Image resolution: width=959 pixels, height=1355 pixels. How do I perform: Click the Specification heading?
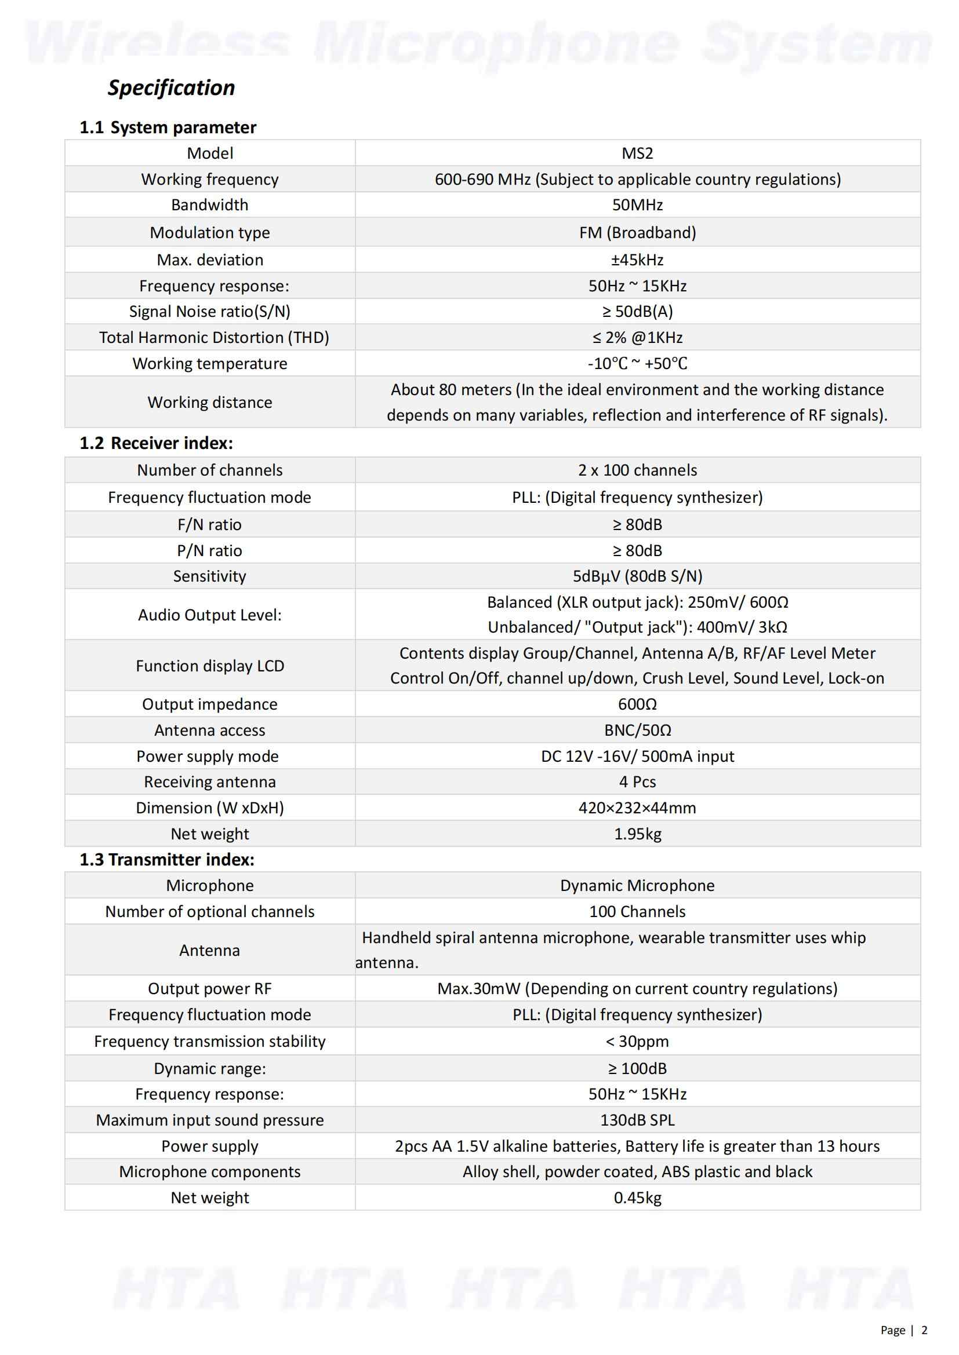click(171, 87)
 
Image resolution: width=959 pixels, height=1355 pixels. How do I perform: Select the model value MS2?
click(637, 154)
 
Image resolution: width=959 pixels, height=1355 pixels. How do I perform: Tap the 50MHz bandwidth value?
click(637, 204)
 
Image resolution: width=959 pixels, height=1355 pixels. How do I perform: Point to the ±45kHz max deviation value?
click(637, 260)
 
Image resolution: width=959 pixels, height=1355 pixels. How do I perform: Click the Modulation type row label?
click(210, 232)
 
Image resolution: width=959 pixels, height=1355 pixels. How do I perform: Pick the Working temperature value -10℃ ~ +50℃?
click(637, 364)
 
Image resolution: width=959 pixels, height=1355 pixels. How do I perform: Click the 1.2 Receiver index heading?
click(157, 443)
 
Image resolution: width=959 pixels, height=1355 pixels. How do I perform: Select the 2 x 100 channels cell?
click(637, 470)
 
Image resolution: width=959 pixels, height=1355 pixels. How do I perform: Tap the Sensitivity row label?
click(210, 576)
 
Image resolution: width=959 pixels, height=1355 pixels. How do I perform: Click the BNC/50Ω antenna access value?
click(637, 730)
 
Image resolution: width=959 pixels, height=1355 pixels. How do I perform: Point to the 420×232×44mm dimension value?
click(637, 808)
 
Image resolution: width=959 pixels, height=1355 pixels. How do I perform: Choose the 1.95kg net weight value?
click(637, 834)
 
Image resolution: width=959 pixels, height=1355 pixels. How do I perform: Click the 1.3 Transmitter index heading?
click(167, 860)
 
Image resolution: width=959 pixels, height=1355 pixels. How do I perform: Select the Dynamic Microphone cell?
click(637, 885)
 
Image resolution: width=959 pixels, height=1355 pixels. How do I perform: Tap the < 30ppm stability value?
click(637, 1042)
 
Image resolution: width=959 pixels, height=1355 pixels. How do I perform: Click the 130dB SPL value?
click(637, 1120)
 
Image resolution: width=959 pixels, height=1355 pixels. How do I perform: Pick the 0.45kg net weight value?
click(637, 1198)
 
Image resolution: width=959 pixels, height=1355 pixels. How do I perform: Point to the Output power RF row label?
click(210, 988)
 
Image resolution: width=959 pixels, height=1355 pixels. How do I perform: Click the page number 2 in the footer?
click(925, 1330)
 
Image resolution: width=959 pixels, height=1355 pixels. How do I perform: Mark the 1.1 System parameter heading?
click(168, 127)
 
